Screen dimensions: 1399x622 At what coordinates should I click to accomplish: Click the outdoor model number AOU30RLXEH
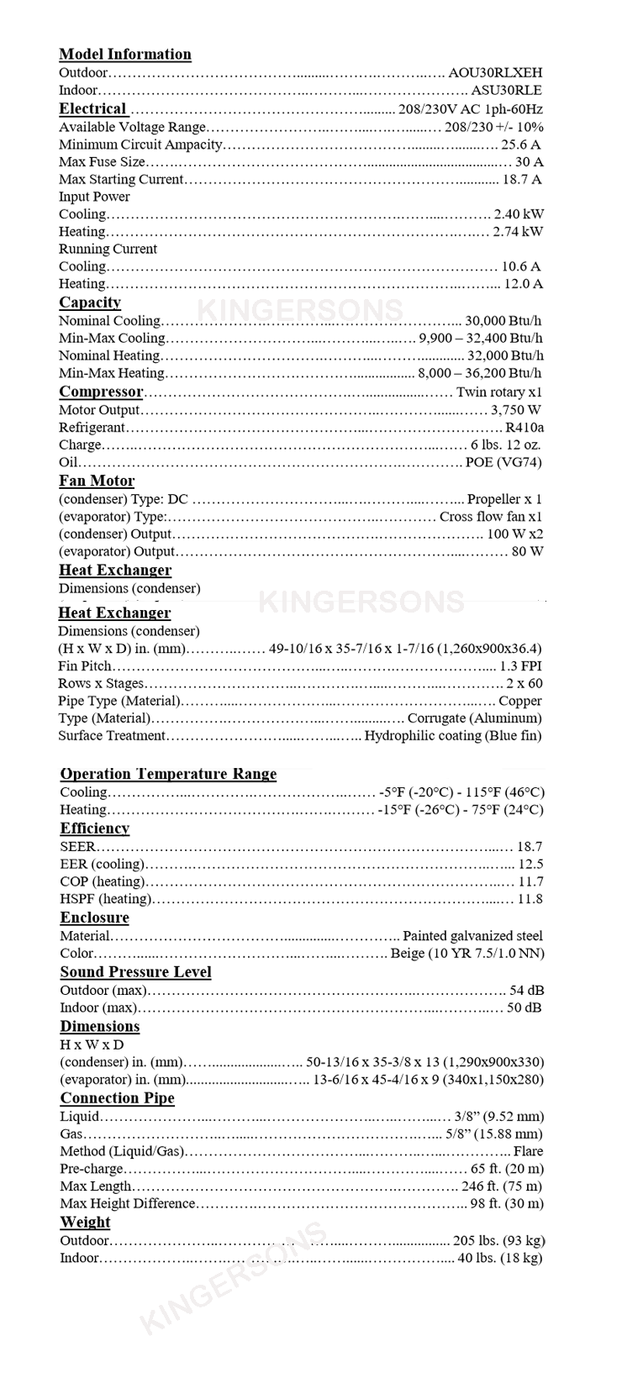click(495, 73)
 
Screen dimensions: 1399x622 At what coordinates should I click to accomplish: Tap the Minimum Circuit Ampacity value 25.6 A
click(521, 145)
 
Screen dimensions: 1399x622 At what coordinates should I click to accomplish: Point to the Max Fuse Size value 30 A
click(529, 162)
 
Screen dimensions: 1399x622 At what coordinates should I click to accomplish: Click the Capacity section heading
click(90, 302)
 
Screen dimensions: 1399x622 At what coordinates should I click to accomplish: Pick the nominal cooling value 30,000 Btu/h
click(503, 321)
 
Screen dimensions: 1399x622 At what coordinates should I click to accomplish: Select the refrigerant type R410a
click(524, 428)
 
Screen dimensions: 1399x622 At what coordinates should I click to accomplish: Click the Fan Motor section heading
click(97, 481)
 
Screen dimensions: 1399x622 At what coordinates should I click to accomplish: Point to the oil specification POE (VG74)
click(503, 463)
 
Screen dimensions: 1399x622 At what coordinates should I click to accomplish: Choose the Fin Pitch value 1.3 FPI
click(520, 666)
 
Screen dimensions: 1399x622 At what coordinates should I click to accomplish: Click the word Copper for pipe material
click(520, 702)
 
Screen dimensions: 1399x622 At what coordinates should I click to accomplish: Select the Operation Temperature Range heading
click(168, 775)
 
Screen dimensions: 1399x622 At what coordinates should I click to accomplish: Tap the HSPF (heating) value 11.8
click(530, 899)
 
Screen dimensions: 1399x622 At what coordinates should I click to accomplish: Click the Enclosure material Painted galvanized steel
click(472, 936)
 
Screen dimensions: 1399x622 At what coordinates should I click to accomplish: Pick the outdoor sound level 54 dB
click(526, 991)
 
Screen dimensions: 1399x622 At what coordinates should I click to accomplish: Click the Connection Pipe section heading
click(117, 1099)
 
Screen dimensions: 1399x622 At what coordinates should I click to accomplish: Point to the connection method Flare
click(528, 1152)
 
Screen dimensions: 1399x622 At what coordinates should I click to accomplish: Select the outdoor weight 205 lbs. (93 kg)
click(498, 1241)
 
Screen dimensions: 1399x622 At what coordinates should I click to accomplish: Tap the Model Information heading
click(125, 55)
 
